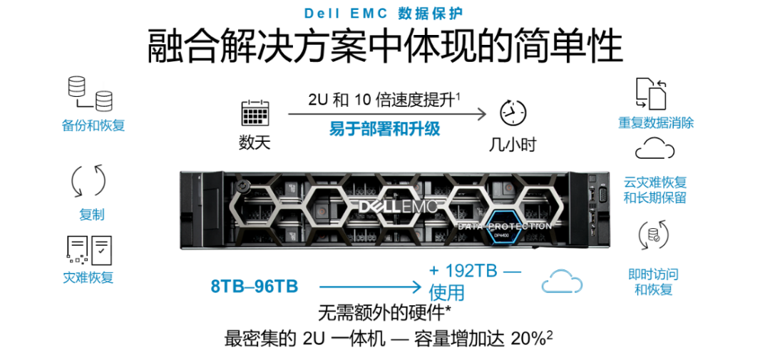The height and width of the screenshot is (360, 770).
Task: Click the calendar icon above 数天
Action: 255,114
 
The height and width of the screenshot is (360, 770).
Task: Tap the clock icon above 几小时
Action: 513,113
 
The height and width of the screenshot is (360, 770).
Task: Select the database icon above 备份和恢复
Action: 89,93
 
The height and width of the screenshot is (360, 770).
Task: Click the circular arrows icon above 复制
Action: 89,181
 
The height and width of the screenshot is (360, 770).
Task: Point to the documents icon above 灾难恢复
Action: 89,250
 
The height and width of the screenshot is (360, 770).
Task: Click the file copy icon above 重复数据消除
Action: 651,93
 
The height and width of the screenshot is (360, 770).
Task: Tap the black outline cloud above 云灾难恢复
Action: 654,148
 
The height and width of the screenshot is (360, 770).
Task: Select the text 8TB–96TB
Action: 255,286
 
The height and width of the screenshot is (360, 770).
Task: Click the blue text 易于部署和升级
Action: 384,130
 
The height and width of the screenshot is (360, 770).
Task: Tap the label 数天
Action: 255,143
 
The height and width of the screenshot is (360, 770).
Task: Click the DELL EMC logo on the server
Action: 397,207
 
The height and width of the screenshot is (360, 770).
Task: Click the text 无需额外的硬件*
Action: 384,314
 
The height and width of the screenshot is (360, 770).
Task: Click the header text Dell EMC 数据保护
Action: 384,13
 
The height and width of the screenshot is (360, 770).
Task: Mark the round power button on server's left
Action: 242,187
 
